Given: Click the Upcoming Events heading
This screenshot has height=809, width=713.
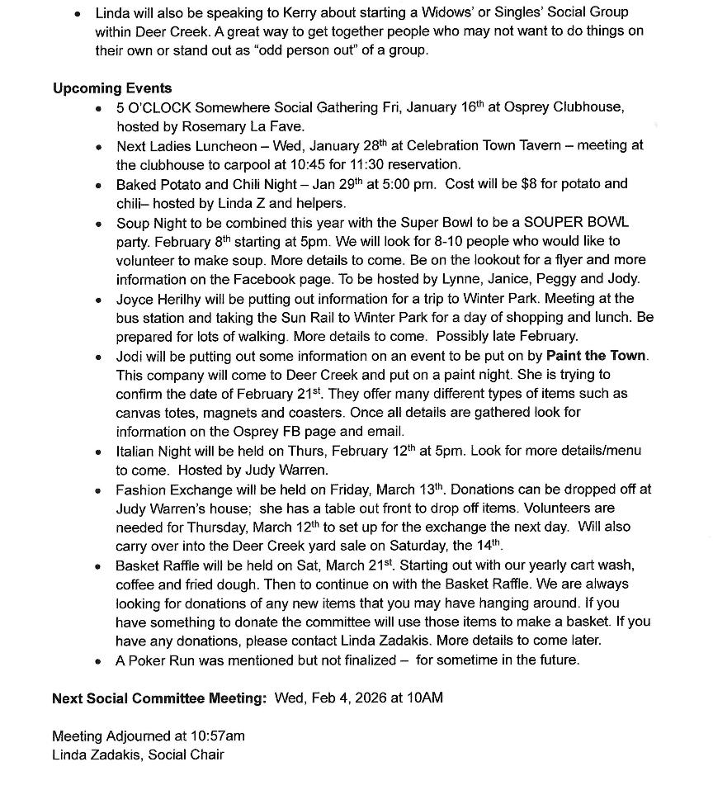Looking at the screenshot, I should click(112, 88).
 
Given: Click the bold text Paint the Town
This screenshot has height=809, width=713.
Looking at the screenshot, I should click(597, 356).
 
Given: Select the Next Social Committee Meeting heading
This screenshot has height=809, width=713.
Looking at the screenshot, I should click(159, 698).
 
